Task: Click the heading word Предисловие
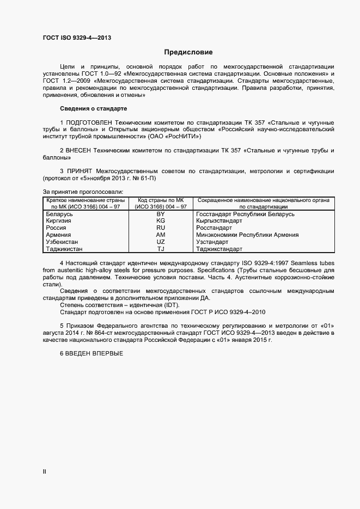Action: tap(188, 53)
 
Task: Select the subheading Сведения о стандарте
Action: tap(93, 109)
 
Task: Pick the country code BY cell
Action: tap(161, 214)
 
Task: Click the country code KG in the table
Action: tap(161, 221)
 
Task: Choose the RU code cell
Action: tap(161, 228)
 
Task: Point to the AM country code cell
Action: tap(161, 235)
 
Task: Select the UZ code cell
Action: tap(161, 242)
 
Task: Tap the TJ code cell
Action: tap(161, 249)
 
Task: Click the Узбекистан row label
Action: tap(63, 242)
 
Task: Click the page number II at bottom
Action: tap(44, 471)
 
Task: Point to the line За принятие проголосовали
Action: tap(83, 192)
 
